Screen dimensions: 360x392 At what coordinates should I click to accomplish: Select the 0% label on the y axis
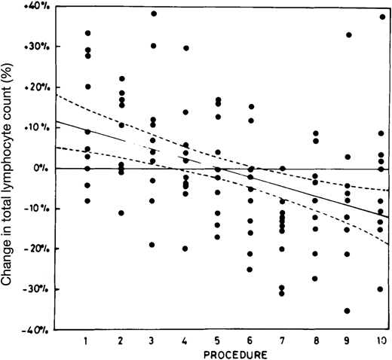click(x=44, y=168)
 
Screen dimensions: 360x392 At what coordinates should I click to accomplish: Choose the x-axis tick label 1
click(x=87, y=340)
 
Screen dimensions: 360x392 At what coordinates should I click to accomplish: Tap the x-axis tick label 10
click(x=381, y=340)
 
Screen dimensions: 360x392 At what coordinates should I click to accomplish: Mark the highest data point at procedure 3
click(x=154, y=14)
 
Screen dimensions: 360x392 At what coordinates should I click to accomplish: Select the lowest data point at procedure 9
click(x=348, y=310)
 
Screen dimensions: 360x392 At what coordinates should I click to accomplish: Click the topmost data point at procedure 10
click(x=381, y=17)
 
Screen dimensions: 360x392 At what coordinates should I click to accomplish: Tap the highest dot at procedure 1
click(x=88, y=33)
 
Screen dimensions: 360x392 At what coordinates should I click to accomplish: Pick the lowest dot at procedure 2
click(x=121, y=213)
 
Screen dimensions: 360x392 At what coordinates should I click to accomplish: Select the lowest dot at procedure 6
click(x=250, y=269)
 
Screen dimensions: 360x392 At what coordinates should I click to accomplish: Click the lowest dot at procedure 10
click(x=381, y=289)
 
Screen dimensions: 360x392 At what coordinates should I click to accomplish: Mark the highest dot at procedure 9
click(x=348, y=35)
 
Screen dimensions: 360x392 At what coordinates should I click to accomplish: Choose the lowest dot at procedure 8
click(x=315, y=279)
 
